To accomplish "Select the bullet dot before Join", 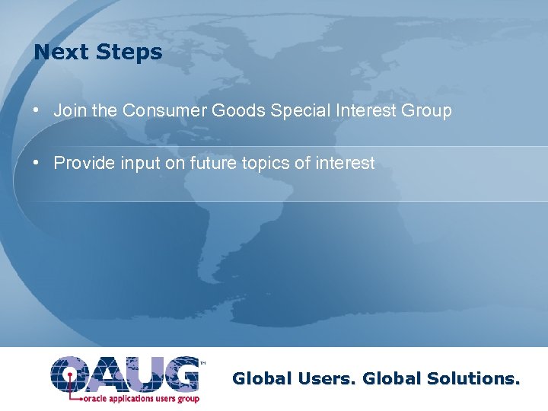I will tap(37, 110).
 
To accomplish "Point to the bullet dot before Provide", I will tap(37, 163).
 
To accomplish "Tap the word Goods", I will tap(237, 110).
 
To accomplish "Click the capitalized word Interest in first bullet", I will tap(363, 110).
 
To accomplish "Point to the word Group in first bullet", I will tap(426, 111).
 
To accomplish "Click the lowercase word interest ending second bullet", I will tap(346, 163).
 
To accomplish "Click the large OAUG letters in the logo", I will tap(124, 374).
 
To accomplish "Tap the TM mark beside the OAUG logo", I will tap(202, 363).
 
